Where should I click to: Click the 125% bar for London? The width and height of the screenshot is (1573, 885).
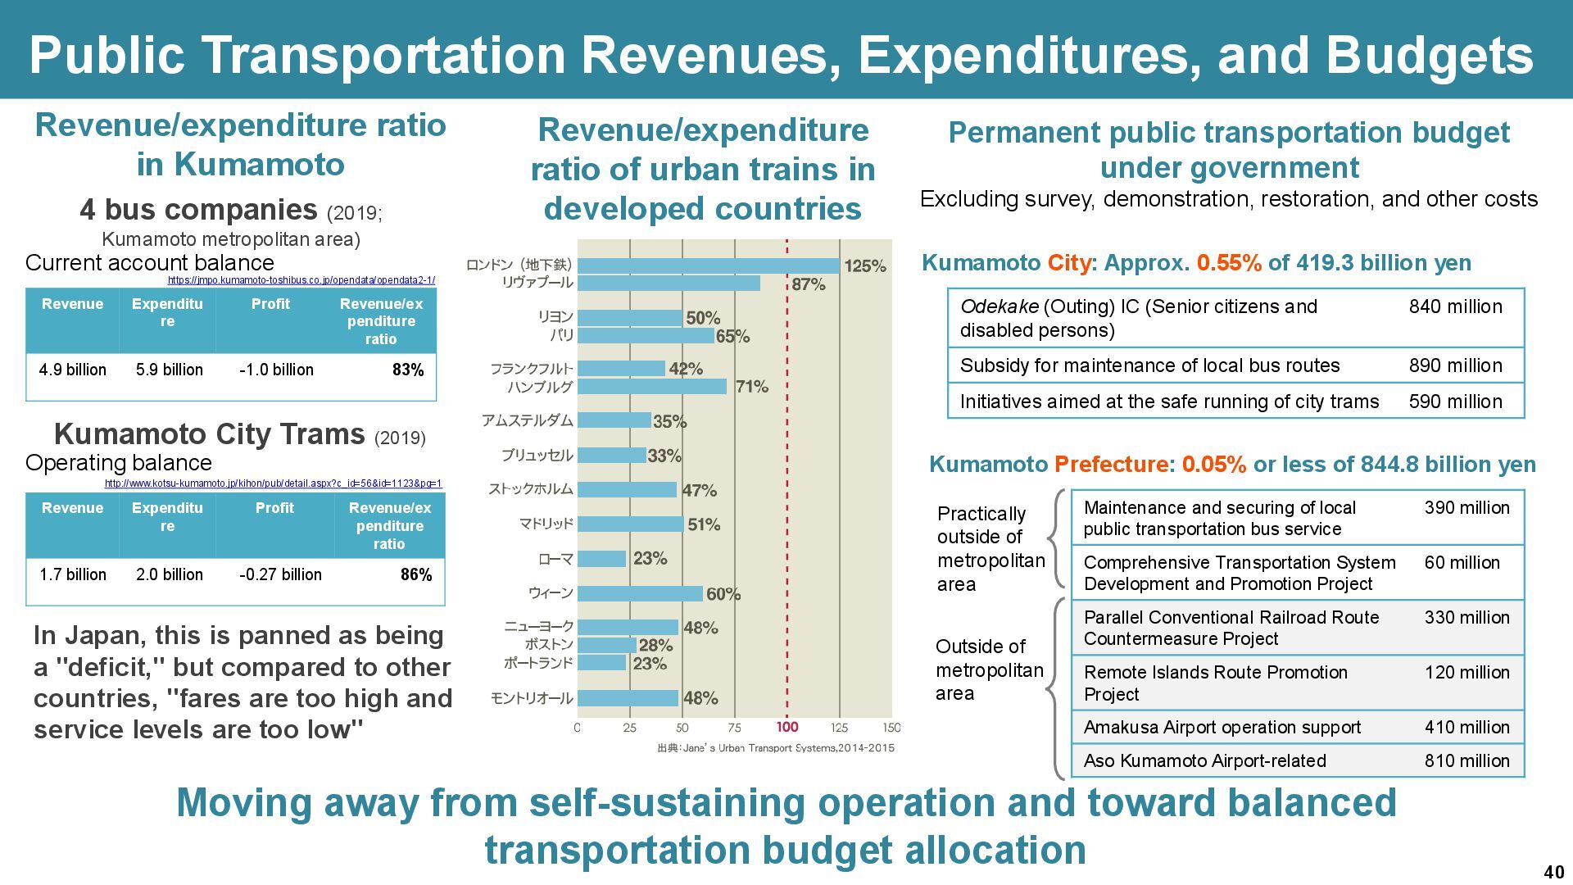coord(708,265)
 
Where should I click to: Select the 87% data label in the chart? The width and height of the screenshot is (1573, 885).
coord(809,284)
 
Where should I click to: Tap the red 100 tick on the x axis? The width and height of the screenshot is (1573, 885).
coord(786,727)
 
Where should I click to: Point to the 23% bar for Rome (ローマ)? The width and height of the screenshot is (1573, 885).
coord(601,559)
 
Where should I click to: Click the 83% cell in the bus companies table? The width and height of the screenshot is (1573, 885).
coord(408,370)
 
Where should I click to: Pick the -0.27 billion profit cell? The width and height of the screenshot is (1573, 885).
coord(280,574)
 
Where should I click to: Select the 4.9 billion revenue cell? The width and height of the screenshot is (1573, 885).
coord(72,370)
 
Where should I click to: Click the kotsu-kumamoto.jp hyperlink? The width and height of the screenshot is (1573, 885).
coord(273,483)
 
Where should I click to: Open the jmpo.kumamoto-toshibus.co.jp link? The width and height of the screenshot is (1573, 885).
coord(301,280)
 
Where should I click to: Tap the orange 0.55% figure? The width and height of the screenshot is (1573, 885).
coord(1229,263)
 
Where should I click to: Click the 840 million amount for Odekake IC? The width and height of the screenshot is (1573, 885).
coord(1455,306)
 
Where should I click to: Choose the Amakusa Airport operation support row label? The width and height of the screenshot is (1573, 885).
coord(1222,728)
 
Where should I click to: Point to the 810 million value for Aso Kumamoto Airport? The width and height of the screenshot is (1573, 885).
coord(1466,760)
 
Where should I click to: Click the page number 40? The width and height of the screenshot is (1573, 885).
coord(1553,872)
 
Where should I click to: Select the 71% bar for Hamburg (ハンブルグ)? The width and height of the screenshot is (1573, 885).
coord(651,386)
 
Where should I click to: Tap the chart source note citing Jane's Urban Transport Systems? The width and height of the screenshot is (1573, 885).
coord(775,747)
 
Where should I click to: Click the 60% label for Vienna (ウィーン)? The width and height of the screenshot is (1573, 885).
coord(723,594)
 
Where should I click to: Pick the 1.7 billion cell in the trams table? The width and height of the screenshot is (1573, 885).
coord(72,574)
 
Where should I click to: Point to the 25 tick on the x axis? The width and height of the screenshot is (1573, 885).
coord(629,728)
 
